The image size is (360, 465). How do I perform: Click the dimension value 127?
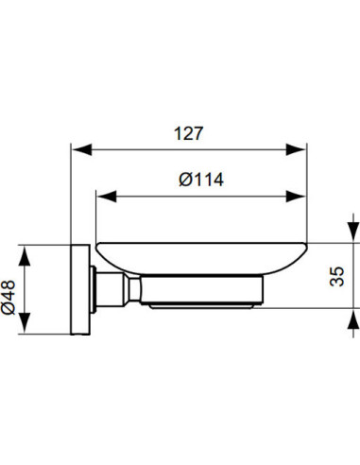tap(189, 134)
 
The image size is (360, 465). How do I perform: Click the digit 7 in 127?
tap(200, 134)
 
